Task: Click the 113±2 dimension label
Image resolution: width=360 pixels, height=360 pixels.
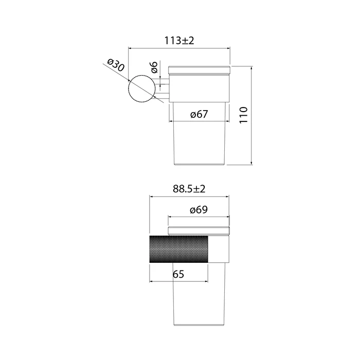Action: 179,41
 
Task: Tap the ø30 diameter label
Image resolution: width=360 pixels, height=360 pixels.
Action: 116,65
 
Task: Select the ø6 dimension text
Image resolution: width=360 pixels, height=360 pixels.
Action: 154,67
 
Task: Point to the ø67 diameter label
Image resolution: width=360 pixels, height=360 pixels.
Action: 199,114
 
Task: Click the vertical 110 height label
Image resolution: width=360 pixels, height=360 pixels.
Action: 244,115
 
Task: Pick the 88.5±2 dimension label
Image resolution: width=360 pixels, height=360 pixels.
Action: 189,189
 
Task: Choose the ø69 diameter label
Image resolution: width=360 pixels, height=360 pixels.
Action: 199,210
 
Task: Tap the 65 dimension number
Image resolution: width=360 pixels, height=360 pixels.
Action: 178,274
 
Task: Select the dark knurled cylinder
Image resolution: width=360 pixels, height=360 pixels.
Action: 179,249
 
